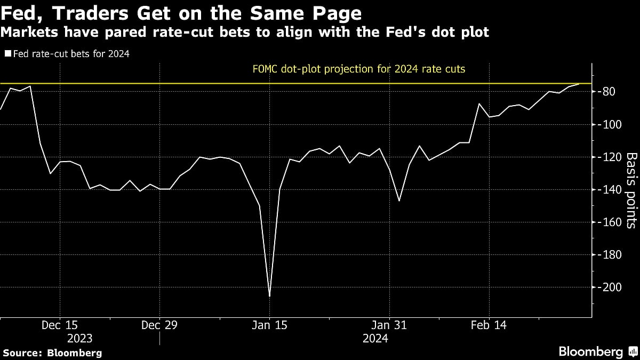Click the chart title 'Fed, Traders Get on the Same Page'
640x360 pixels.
point(181,13)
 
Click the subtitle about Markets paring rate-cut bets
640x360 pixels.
point(245,33)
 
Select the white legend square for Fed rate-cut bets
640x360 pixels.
point(7,54)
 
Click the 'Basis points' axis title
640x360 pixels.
point(631,190)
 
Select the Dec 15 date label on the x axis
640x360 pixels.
point(60,325)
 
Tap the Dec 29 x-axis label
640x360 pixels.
point(159,325)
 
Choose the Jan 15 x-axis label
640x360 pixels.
point(270,325)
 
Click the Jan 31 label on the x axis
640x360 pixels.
point(390,325)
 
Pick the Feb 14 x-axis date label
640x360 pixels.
point(489,325)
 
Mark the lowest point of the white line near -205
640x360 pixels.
point(269,296)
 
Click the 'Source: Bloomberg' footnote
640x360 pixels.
point(52,353)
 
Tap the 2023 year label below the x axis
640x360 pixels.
point(79,338)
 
